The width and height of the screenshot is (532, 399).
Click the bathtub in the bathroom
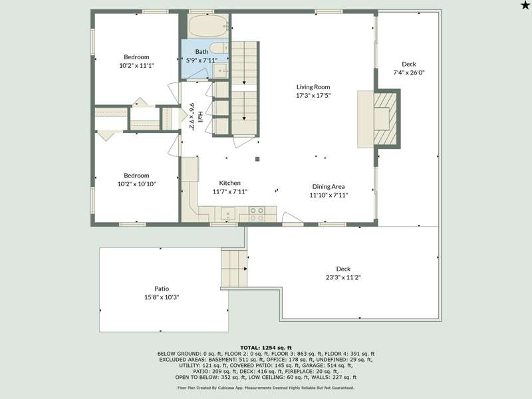point(207,26)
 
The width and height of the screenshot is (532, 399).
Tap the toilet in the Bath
point(219,48)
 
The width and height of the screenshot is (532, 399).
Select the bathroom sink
point(221,71)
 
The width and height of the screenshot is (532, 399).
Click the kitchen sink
point(228,214)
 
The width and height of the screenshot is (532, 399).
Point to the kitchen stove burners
point(257,214)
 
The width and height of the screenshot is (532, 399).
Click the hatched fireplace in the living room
point(385,119)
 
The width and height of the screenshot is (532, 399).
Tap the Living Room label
point(313,87)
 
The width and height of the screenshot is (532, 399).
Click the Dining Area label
point(329,186)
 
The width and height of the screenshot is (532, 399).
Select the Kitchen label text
point(229,183)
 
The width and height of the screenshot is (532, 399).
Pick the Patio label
point(162,289)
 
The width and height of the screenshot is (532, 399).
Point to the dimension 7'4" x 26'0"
point(409,72)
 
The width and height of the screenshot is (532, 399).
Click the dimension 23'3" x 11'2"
point(343,277)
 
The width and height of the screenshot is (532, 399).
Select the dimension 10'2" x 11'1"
point(136,65)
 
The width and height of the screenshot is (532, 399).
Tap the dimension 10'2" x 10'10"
point(136,184)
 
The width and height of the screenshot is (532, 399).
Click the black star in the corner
point(525,5)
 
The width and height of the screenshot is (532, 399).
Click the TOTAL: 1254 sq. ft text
point(266,347)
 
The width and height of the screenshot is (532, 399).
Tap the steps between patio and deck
point(234,269)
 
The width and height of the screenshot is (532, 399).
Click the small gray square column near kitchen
point(257,159)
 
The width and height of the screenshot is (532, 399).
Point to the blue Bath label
point(202,52)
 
